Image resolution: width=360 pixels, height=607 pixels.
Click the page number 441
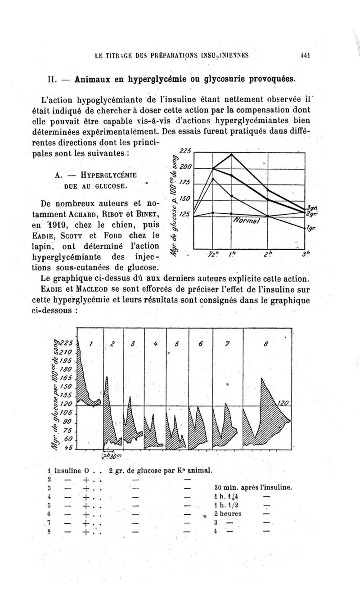point(306,57)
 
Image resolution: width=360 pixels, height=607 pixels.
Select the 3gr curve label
point(310,207)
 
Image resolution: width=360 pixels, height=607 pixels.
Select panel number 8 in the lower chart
point(266,344)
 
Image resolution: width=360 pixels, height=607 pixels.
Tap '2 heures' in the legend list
point(229,513)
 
